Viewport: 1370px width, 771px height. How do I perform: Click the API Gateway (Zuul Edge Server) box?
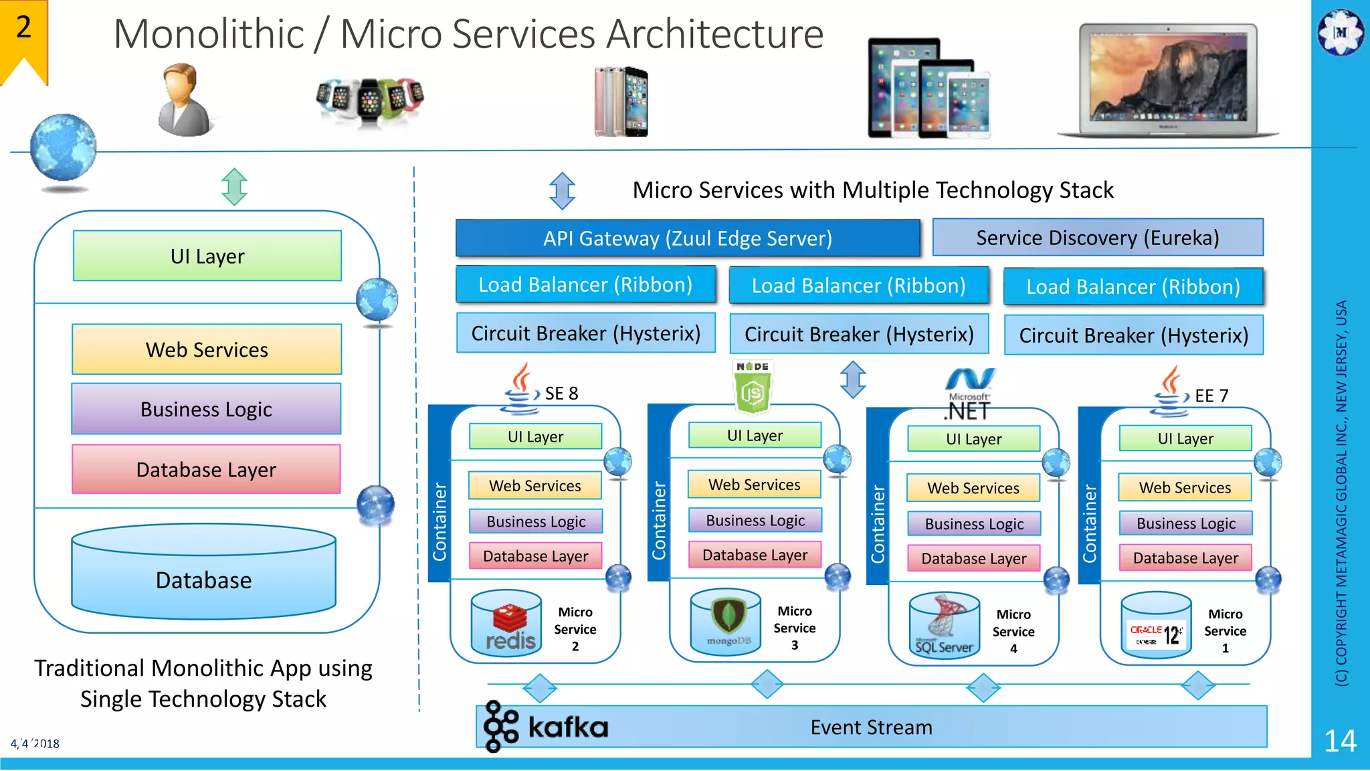click(x=687, y=238)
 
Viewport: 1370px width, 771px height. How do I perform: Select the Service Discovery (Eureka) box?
click(x=1097, y=238)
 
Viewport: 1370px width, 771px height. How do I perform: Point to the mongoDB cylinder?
click(x=726, y=622)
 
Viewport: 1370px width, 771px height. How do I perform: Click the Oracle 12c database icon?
click(x=1156, y=626)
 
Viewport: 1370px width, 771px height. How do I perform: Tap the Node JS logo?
click(x=753, y=386)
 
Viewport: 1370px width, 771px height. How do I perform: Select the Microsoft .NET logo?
click(x=969, y=394)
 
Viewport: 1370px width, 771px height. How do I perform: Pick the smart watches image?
click(x=370, y=100)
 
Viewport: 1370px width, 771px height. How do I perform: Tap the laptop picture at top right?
click(x=1167, y=80)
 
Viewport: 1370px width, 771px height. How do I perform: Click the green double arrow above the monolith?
click(x=235, y=187)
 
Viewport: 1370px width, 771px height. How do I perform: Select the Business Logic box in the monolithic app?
click(x=206, y=409)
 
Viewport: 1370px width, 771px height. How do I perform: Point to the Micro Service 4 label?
click(x=1013, y=631)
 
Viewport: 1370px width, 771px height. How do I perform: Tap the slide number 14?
click(x=1340, y=741)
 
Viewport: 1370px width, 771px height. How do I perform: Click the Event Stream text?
click(x=871, y=727)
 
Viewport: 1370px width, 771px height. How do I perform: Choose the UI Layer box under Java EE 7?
click(x=1185, y=438)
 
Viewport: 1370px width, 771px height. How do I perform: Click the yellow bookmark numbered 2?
click(x=23, y=37)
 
